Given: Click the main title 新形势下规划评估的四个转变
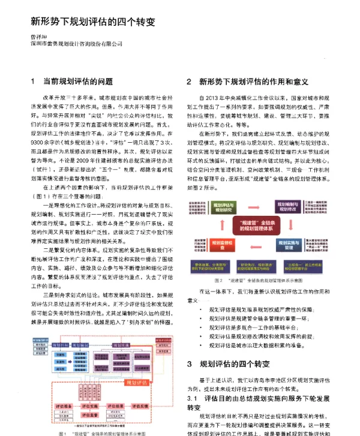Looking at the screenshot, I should point(93,22).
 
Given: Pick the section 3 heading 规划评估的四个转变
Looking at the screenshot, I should point(236,364).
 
